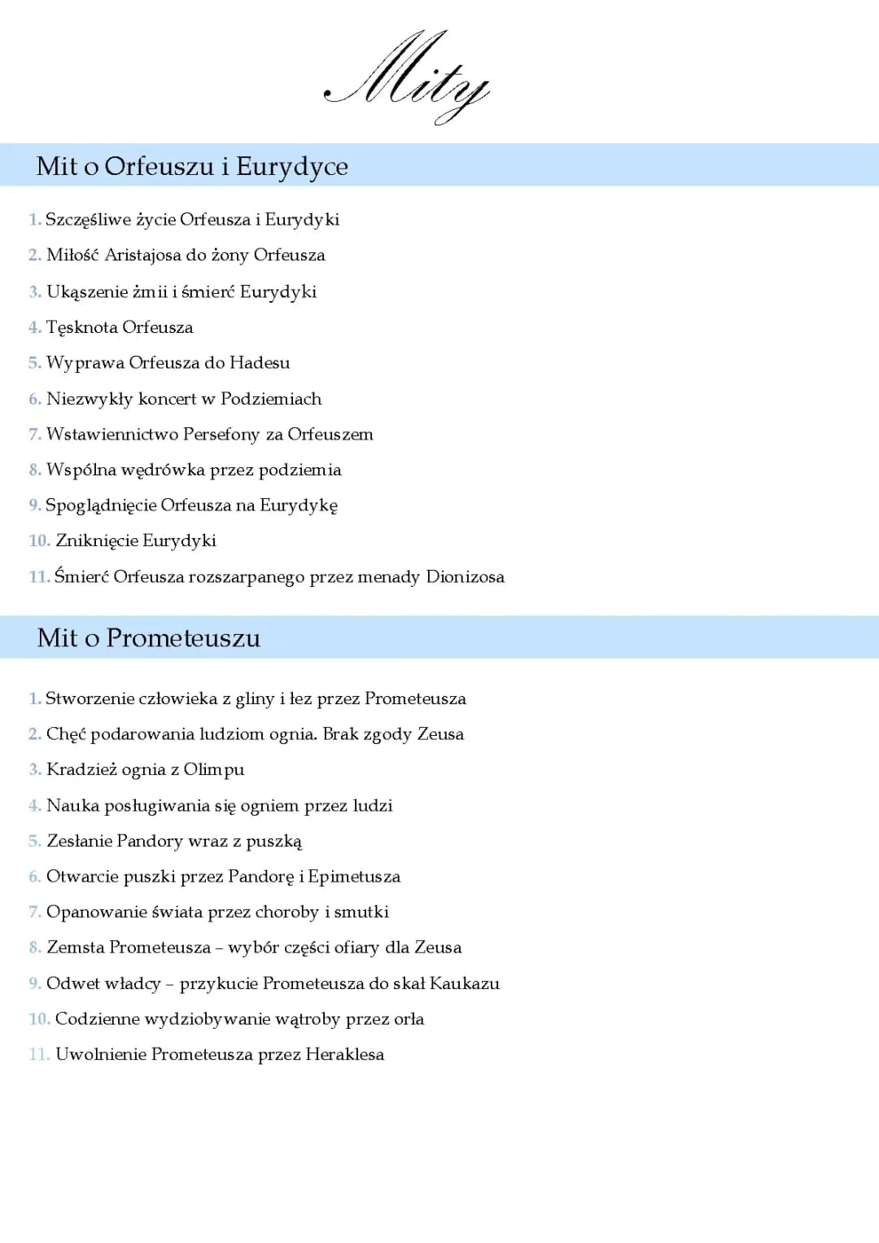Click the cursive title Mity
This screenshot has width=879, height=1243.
(x=407, y=77)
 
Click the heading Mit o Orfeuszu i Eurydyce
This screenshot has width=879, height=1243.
(x=192, y=166)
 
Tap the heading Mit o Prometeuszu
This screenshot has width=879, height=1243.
(x=149, y=637)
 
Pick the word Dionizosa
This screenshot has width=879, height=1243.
(x=465, y=577)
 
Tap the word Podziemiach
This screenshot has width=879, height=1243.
(x=271, y=399)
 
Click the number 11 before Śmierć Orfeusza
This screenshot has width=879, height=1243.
(x=38, y=577)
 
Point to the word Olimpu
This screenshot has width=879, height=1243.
(x=213, y=770)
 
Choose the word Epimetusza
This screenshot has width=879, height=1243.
(x=354, y=877)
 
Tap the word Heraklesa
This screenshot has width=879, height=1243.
(x=344, y=1055)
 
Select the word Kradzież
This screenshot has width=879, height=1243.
(x=81, y=770)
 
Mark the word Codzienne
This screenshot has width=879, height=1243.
(x=97, y=1019)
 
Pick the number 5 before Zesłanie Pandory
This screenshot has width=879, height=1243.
(x=34, y=842)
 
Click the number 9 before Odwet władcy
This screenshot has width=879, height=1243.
(x=34, y=983)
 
